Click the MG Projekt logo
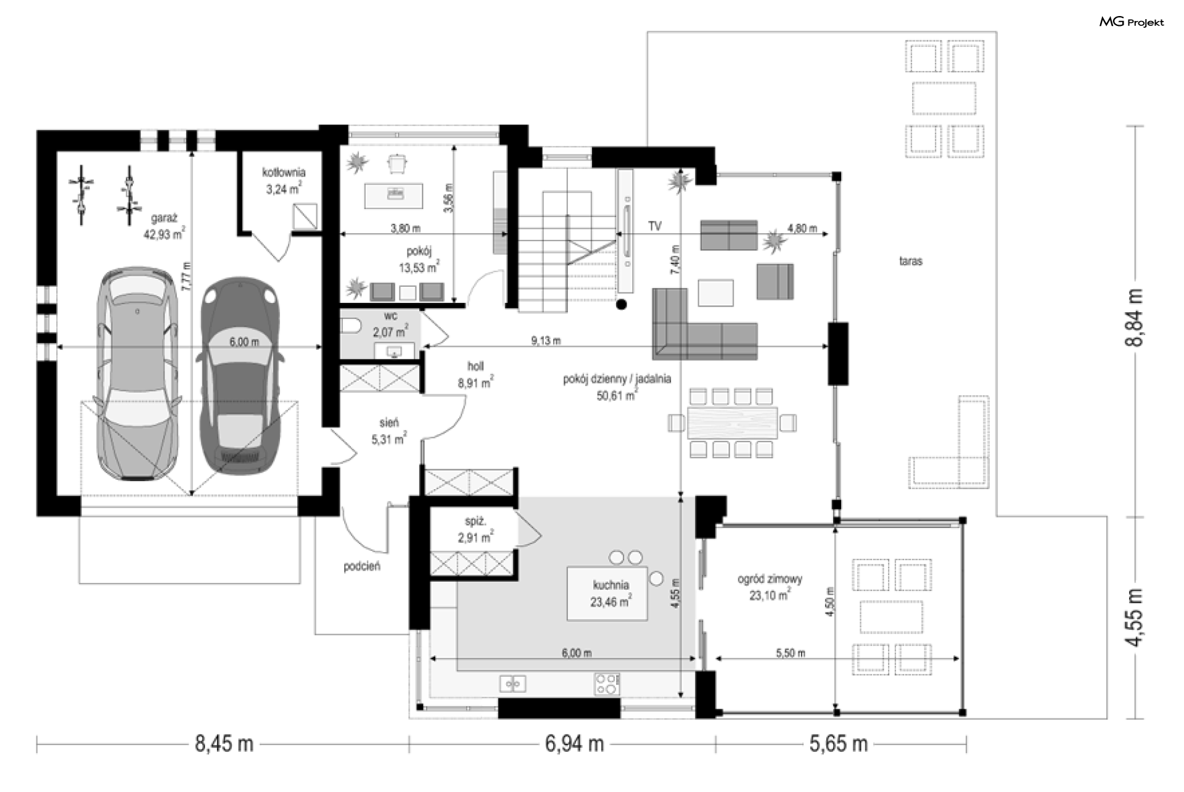point(1132,22)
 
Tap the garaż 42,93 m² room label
point(164,226)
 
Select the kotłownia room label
point(284,181)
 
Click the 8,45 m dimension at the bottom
point(224,744)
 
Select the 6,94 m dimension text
point(573,744)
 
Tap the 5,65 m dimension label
point(839,744)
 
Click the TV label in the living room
point(655,226)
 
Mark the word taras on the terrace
point(910,261)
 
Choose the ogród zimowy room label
point(770,587)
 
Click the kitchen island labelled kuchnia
point(607,593)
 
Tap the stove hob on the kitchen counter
point(607,684)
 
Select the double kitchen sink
point(512,683)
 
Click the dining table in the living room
point(732,423)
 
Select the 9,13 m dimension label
point(546,340)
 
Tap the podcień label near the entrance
point(362,566)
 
